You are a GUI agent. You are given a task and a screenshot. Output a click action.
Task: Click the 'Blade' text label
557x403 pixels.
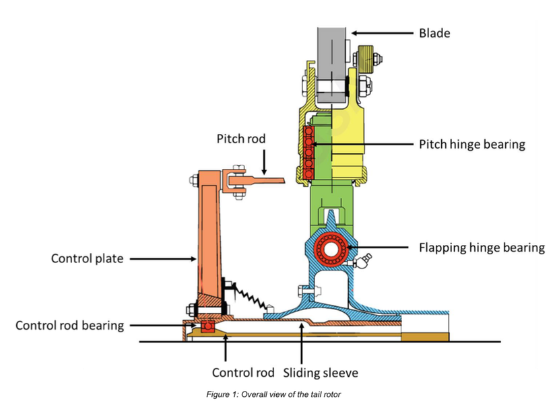[x=434, y=33]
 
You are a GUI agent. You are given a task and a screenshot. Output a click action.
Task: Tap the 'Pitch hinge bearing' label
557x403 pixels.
[x=472, y=145]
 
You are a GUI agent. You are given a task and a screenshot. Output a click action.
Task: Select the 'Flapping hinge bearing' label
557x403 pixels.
[x=482, y=248]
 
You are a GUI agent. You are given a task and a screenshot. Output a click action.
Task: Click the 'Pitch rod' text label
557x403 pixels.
[x=241, y=139]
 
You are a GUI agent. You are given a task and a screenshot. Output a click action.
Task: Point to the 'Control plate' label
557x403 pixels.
[x=88, y=258]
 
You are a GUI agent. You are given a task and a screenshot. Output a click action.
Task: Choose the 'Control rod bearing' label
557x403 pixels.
[x=69, y=326]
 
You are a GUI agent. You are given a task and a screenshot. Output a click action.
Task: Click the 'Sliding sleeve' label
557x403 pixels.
[x=321, y=373]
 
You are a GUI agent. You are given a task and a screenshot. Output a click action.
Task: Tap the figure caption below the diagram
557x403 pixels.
[x=273, y=394]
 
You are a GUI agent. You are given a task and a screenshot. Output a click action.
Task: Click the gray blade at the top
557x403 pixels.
[x=331, y=64]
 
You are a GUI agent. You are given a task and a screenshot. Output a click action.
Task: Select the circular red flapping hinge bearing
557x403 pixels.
[x=331, y=249]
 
